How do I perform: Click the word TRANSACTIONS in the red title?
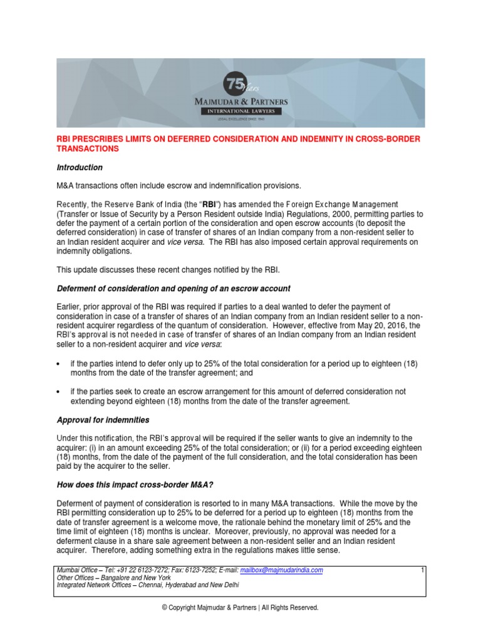pyautogui.click(x=89, y=149)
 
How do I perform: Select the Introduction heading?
pyautogui.click(x=80, y=168)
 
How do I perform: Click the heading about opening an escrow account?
pyautogui.click(x=173, y=288)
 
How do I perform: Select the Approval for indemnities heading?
pyautogui.click(x=103, y=420)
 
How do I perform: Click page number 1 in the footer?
pyautogui.click(x=423, y=570)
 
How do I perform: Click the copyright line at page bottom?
pyautogui.click(x=240, y=607)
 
